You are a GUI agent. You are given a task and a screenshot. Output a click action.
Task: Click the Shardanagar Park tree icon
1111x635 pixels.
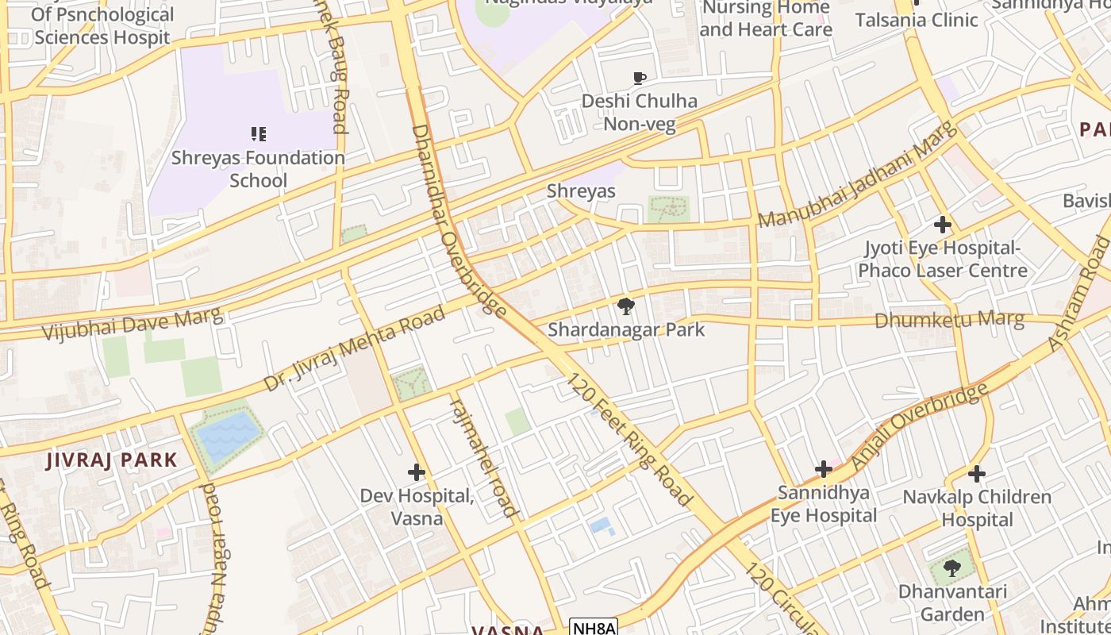pyautogui.click(x=625, y=306)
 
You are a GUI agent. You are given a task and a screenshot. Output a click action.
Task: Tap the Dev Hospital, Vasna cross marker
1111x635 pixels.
pyautogui.click(x=417, y=473)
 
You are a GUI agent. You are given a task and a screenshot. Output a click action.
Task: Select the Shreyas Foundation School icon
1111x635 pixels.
pyautogui.click(x=258, y=134)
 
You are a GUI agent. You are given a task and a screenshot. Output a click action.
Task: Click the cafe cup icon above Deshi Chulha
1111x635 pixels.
pyautogui.click(x=639, y=78)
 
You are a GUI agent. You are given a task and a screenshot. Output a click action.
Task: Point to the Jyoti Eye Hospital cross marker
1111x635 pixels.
pyautogui.click(x=942, y=225)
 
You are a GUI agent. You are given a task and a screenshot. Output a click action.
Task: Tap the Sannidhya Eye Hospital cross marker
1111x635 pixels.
pyautogui.click(x=823, y=469)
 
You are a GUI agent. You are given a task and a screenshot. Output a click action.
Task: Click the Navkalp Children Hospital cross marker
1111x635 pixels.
pyautogui.click(x=977, y=475)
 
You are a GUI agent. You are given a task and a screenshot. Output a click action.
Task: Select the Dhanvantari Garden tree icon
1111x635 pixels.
pyautogui.click(x=952, y=568)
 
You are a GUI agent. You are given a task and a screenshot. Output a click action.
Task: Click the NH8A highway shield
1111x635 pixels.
pyautogui.click(x=594, y=627)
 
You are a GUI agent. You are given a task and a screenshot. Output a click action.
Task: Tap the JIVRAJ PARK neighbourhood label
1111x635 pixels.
pyautogui.click(x=112, y=460)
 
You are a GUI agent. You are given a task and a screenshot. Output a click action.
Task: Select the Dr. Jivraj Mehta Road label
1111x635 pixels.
pyautogui.click(x=355, y=350)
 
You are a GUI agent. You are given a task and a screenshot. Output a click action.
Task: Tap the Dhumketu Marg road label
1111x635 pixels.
pyautogui.click(x=949, y=321)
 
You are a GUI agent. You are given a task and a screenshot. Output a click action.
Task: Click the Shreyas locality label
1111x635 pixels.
pyautogui.click(x=581, y=191)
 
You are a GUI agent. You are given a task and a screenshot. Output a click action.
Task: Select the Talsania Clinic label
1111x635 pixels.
pyautogui.click(x=916, y=20)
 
